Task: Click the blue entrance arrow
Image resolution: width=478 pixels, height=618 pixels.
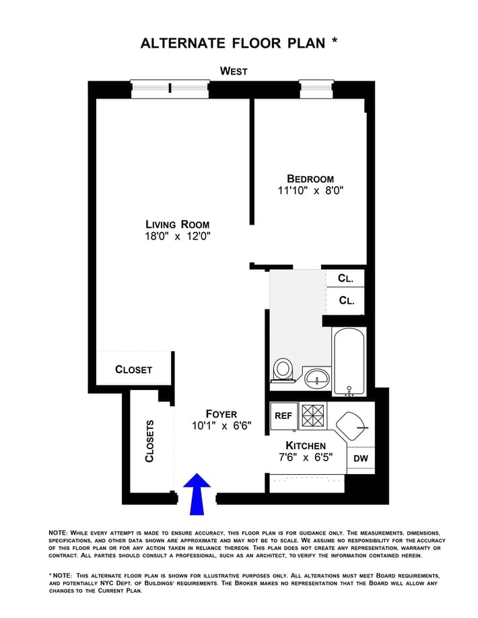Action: (x=197, y=493)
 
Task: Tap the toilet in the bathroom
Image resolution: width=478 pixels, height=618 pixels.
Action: (x=283, y=369)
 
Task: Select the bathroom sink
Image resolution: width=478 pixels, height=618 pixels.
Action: (x=316, y=377)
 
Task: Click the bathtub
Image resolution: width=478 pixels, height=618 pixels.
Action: (x=349, y=361)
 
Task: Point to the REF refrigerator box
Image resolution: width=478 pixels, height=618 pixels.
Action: (x=283, y=416)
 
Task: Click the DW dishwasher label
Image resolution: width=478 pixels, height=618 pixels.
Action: (x=360, y=459)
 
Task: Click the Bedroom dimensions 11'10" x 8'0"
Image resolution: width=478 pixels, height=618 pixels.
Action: (x=310, y=190)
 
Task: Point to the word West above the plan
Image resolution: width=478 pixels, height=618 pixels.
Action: (x=234, y=71)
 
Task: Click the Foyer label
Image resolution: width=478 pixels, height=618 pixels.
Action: (x=221, y=414)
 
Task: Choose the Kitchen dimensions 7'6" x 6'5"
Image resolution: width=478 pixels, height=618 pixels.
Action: (x=306, y=457)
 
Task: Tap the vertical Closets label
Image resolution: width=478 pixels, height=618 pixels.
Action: (x=149, y=441)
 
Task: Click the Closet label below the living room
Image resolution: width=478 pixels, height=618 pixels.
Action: (x=133, y=369)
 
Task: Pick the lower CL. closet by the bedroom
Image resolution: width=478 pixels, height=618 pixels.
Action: (x=345, y=301)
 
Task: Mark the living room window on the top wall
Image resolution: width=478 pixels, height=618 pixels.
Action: (x=170, y=87)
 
